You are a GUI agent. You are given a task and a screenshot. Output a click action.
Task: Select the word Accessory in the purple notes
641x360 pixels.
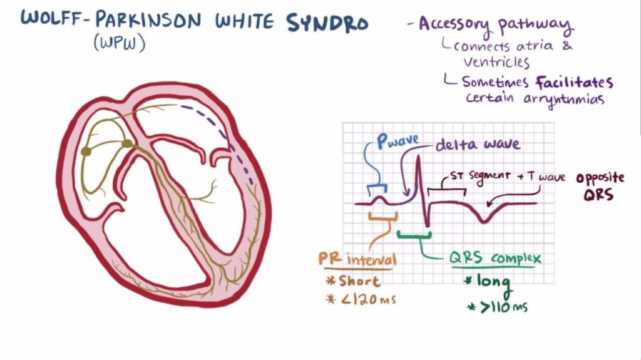pyautogui.click(x=454, y=26)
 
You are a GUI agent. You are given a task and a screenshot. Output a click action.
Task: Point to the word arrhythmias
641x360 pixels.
pyautogui.click(x=564, y=100)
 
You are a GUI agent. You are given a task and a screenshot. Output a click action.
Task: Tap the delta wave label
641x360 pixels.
pyautogui.click(x=478, y=144)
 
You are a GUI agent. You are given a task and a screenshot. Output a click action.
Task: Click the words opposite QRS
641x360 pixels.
pyautogui.click(x=600, y=186)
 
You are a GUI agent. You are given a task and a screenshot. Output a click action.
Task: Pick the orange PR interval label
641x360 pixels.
pyautogui.click(x=357, y=259)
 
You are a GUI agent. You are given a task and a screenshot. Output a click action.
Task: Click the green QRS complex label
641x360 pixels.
pyautogui.click(x=495, y=258)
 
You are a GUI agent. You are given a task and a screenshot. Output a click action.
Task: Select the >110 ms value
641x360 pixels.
pyautogui.click(x=497, y=307)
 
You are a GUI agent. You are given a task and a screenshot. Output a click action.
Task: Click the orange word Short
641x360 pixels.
pyautogui.click(x=354, y=281)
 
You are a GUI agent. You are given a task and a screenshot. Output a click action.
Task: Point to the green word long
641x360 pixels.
pyautogui.click(x=488, y=283)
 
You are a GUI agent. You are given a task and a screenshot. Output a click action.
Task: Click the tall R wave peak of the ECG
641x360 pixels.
pyautogui.click(x=418, y=157)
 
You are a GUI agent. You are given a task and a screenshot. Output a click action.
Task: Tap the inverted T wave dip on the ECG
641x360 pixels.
pyautogui.click(x=484, y=221)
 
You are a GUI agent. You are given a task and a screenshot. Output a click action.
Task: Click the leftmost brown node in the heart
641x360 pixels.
pyautogui.click(x=86, y=152)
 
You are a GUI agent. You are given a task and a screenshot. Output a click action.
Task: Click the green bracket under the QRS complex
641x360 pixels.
pyautogui.click(x=414, y=235)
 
